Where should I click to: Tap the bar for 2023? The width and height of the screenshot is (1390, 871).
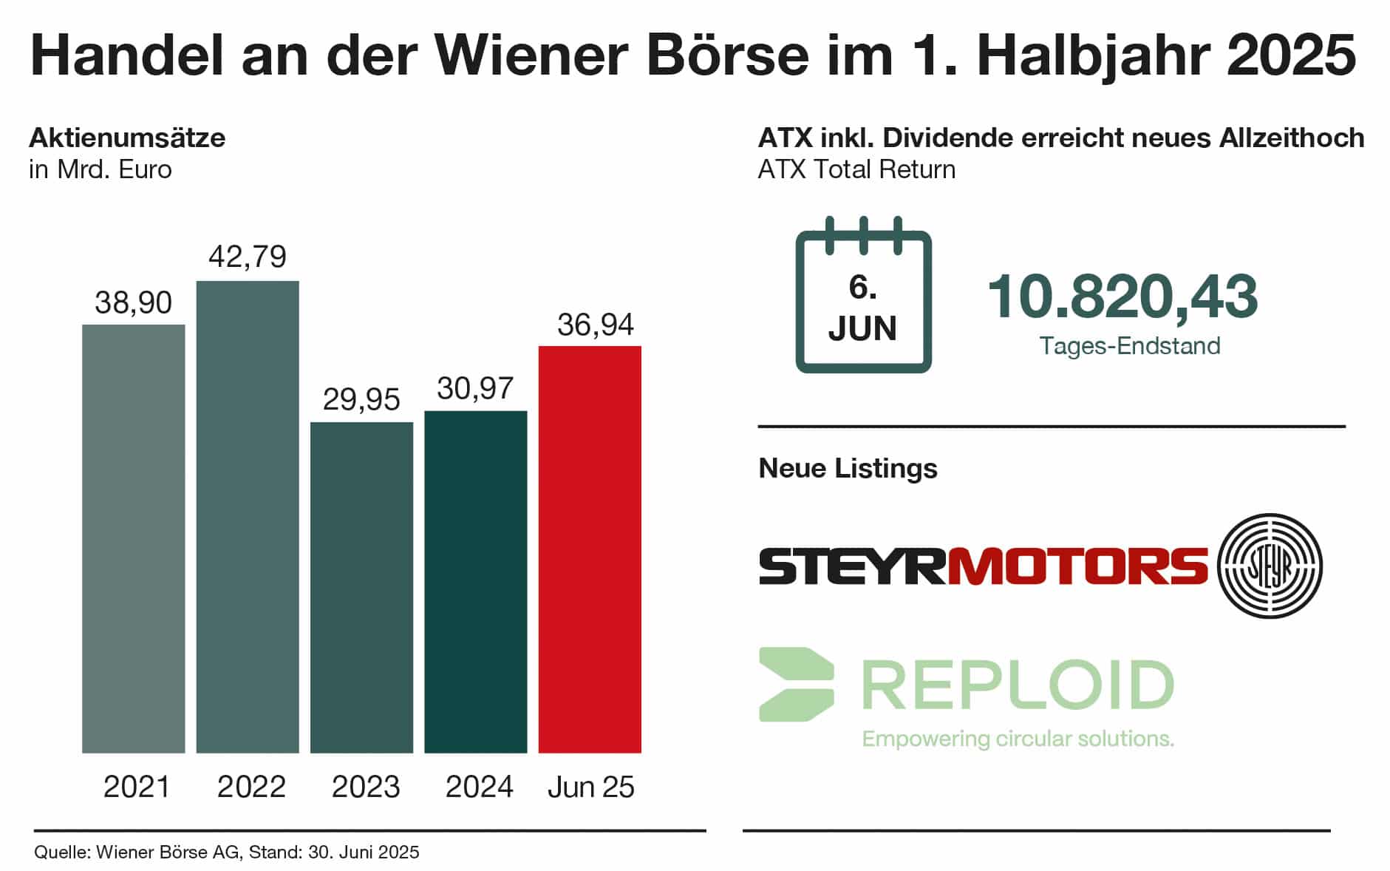(x=361, y=587)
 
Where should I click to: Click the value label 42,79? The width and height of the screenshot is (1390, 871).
(x=248, y=257)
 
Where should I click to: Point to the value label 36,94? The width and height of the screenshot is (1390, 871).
(x=595, y=325)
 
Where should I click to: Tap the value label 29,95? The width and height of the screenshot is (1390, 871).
(x=361, y=399)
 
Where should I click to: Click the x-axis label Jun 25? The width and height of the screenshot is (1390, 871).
(x=590, y=787)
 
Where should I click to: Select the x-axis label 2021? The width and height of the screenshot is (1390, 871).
(x=137, y=787)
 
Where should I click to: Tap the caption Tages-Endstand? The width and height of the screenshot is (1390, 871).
(x=1130, y=346)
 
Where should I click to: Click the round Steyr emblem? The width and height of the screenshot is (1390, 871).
(x=1270, y=566)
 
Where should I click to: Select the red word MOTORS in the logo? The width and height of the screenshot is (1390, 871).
(x=1077, y=566)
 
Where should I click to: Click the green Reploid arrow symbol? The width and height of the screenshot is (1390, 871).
(x=796, y=685)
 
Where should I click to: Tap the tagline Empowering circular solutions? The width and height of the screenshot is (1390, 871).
(x=1018, y=739)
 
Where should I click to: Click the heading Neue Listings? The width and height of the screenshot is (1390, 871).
(x=848, y=468)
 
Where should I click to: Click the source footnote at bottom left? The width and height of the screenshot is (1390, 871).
(x=227, y=853)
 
